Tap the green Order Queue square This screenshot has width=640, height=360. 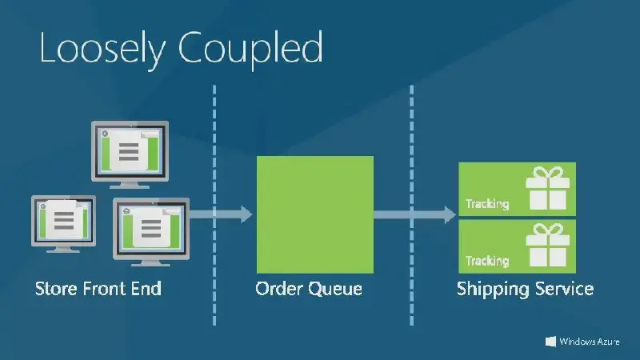(x=314, y=214)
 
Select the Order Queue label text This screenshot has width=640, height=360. (x=309, y=288)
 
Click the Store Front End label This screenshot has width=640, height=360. (x=98, y=288)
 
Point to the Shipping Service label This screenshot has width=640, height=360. (x=525, y=288)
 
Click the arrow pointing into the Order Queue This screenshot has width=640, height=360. (x=232, y=214)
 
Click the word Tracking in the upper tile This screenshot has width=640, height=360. (x=487, y=204)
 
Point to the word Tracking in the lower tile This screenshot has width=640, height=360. (x=487, y=261)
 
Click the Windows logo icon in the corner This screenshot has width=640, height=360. (x=551, y=342)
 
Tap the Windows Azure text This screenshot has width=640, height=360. (x=590, y=342)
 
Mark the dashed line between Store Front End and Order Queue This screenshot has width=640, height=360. (x=214, y=144)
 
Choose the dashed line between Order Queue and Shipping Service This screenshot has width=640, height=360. (x=412, y=144)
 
